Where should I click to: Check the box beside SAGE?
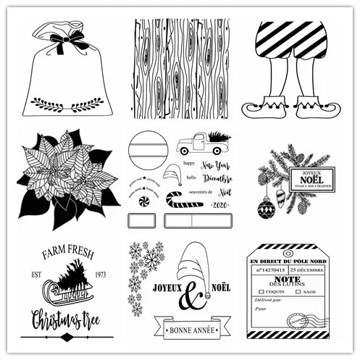pyautogui.click(x=296, y=292)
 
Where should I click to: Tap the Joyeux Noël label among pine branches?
pyautogui.click(x=311, y=178)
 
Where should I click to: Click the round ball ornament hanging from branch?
pyautogui.click(x=267, y=209)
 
